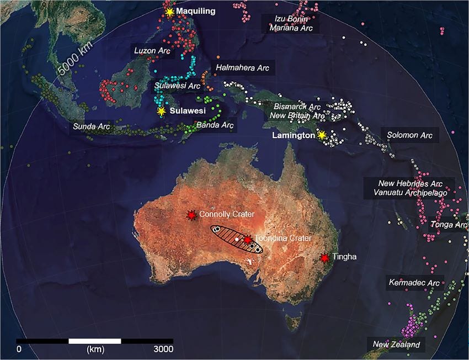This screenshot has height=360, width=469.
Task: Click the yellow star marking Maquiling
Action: (169, 12)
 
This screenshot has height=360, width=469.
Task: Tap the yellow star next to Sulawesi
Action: (161, 111)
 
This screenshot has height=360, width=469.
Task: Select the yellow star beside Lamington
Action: (321, 135)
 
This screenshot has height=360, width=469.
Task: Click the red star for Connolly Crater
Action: (191, 215)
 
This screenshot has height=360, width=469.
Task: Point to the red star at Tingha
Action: (324, 257)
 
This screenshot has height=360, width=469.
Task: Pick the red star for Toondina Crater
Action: (248, 240)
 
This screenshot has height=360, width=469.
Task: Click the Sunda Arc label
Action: (92, 126)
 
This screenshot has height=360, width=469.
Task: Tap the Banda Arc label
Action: (216, 125)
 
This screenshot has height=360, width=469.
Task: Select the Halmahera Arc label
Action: (242, 67)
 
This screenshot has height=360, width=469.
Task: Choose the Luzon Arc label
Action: (152, 50)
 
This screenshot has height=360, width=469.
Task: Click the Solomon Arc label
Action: (409, 135)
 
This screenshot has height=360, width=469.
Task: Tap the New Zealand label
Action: (396, 345)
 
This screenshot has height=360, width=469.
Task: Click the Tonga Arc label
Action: (449, 224)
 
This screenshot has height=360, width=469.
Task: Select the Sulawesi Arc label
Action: (177, 86)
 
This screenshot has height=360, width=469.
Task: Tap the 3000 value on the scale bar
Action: (163, 349)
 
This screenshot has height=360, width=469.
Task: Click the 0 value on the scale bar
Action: (19, 349)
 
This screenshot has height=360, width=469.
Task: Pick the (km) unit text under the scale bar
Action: (95, 349)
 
